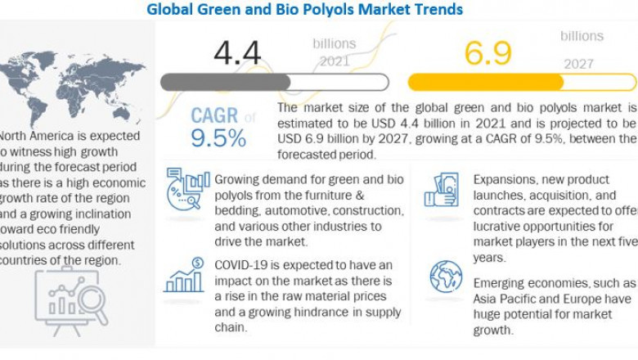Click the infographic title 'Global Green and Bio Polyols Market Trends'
pos(304,10)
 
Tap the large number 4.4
pos(237,52)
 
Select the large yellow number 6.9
pos(488,52)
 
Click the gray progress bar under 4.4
pos(274,82)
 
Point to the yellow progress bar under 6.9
pos(522,82)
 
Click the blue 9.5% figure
pos(218,137)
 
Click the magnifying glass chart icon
pos(71,299)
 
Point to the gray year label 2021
pos(334,61)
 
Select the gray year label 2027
pos(579,64)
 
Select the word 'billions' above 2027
pos(582,36)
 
